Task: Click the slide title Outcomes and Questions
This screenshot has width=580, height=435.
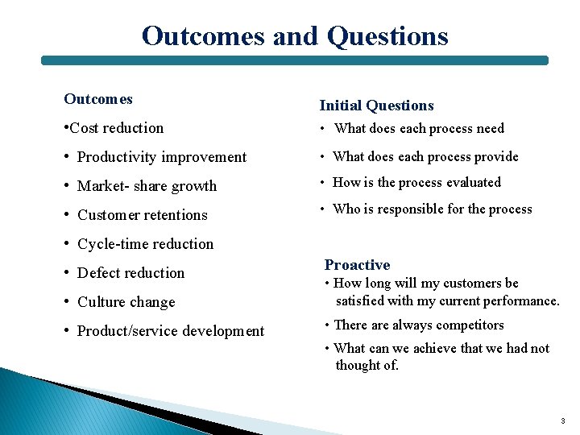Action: pyautogui.click(x=295, y=35)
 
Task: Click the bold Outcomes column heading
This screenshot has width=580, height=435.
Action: pyautogui.click(x=98, y=99)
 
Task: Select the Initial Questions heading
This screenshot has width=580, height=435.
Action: pyautogui.click(x=376, y=106)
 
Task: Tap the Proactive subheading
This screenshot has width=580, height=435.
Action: pyautogui.click(x=357, y=265)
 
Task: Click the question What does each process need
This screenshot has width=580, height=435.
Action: pyautogui.click(x=419, y=128)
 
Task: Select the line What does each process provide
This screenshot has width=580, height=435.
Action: pyautogui.click(x=425, y=156)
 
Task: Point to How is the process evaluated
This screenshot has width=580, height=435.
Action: pyautogui.click(x=416, y=183)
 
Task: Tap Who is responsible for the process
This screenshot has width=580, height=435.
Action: pyautogui.click(x=432, y=209)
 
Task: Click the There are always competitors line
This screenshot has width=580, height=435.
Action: pyautogui.click(x=418, y=325)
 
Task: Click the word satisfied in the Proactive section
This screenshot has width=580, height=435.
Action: pyautogui.click(x=364, y=300)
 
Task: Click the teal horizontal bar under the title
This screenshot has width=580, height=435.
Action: pyautogui.click(x=295, y=60)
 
